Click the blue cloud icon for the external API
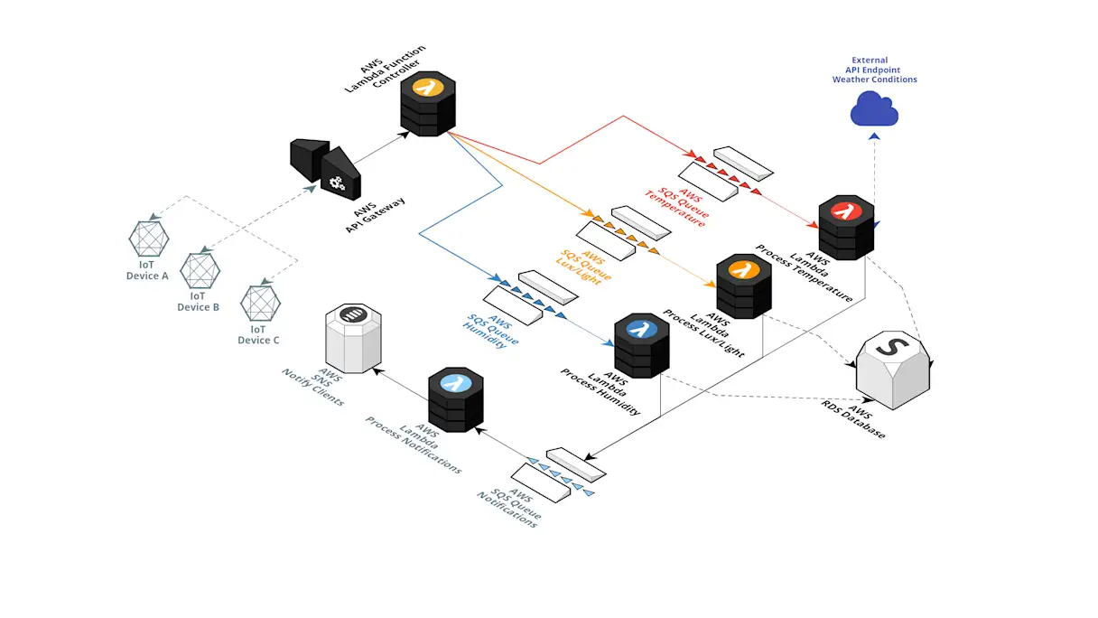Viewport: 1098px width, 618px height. click(874, 110)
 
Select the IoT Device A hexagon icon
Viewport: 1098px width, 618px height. click(148, 239)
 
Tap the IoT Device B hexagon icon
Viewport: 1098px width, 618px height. click(200, 269)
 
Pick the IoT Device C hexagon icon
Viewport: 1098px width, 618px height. click(260, 303)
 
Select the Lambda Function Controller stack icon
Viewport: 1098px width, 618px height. click(428, 103)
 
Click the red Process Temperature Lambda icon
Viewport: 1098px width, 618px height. click(846, 227)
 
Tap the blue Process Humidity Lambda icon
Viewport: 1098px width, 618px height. click(641, 345)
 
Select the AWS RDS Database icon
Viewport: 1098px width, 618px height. click(893, 368)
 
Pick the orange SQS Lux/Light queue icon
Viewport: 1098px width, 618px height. click(624, 231)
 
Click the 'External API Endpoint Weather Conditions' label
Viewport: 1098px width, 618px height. click(874, 70)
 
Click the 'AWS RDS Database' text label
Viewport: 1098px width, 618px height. click(852, 417)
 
